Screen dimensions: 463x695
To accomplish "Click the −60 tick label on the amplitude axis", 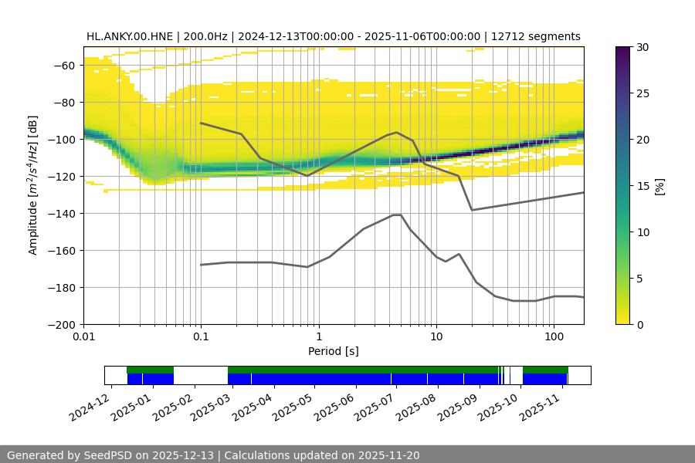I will (63, 66).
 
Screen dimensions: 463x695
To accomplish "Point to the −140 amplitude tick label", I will (60, 214).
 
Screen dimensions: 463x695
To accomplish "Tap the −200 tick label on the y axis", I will (60, 325).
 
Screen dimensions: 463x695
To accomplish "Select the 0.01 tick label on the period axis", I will (83, 337).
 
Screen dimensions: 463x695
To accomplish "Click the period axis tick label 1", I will (318, 337).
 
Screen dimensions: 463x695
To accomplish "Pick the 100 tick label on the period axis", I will (553, 337).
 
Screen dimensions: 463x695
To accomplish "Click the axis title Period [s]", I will (333, 352).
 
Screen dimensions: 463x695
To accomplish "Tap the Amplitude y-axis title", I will (32, 185).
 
